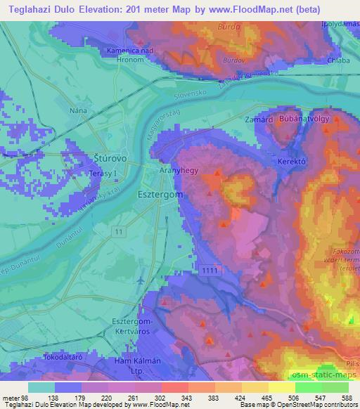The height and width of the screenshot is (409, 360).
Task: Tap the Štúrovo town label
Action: [x=112, y=157]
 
